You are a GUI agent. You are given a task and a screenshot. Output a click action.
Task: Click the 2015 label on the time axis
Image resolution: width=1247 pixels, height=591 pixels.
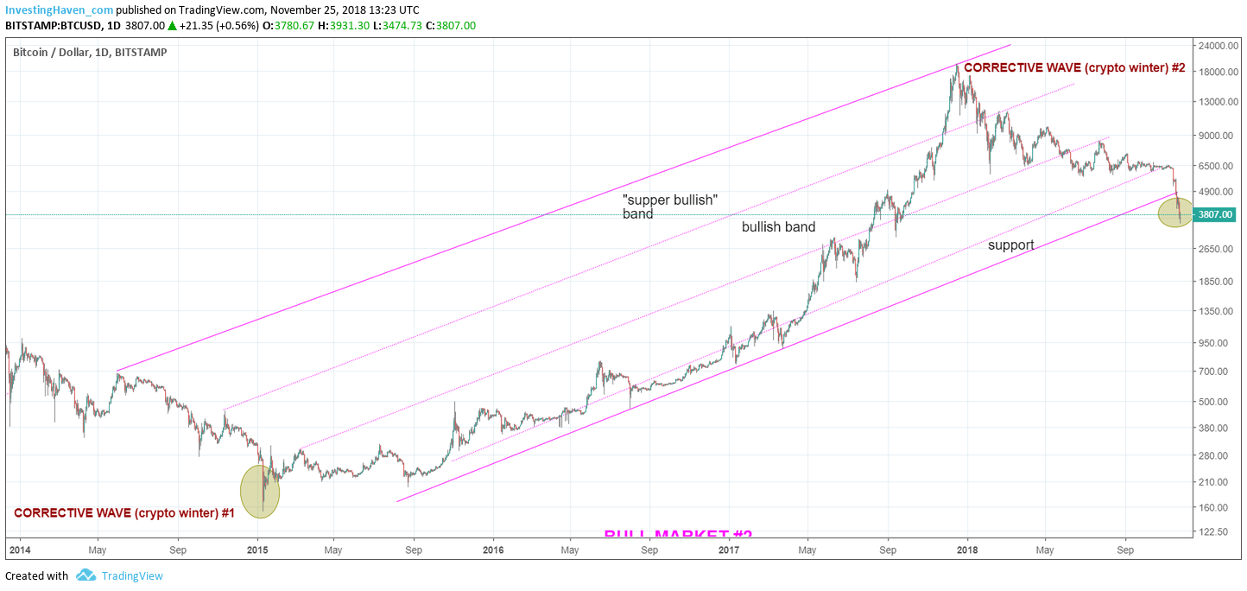(x=257, y=549)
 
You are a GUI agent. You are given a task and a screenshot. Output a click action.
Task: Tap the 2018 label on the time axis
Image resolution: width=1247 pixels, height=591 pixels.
(x=965, y=549)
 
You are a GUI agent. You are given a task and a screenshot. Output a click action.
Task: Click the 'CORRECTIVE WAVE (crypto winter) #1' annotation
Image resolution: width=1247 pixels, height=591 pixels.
(x=124, y=512)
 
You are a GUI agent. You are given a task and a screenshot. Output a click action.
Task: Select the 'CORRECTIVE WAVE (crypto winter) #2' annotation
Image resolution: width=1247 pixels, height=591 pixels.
(x=1074, y=67)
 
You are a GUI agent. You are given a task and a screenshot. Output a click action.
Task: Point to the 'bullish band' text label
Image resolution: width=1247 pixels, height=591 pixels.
(x=778, y=227)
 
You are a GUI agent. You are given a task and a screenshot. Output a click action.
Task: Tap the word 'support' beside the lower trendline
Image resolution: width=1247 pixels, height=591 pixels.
(x=1011, y=245)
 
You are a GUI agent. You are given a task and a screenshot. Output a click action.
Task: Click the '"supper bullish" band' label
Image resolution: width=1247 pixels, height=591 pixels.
(x=669, y=207)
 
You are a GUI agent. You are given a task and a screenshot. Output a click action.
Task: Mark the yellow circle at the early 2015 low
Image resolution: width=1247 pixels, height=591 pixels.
(x=261, y=491)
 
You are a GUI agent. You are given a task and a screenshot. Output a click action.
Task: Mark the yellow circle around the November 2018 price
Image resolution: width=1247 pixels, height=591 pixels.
(x=1174, y=212)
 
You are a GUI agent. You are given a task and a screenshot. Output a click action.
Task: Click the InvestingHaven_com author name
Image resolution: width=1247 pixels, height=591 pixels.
(x=59, y=10)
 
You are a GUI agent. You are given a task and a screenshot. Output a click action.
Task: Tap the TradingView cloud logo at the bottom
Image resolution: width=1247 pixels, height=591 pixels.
(x=85, y=575)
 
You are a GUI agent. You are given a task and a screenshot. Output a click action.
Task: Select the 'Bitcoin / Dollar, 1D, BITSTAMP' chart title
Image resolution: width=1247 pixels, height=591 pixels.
(x=90, y=53)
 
